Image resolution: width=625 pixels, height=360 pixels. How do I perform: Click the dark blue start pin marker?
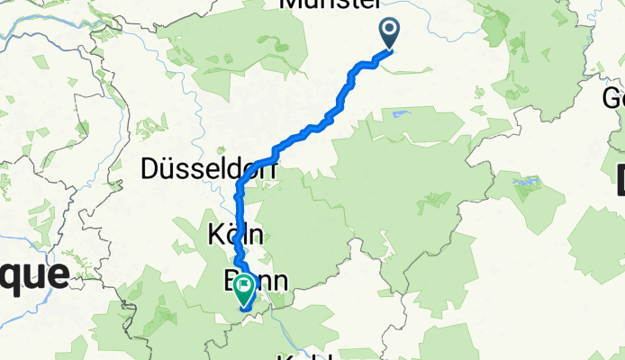(390, 33)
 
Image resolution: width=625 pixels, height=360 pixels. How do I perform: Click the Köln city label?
(235, 236)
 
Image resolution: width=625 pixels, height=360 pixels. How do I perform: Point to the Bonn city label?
(255, 280)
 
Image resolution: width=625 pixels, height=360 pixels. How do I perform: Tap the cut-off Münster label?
(331, 4)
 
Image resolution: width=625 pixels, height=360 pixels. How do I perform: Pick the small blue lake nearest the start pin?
(398, 113)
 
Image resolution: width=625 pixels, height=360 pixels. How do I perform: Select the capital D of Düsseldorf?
(150, 169)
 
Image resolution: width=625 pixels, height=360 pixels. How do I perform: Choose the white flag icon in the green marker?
(244, 286)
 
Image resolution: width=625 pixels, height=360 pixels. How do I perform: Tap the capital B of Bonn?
(231, 280)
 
